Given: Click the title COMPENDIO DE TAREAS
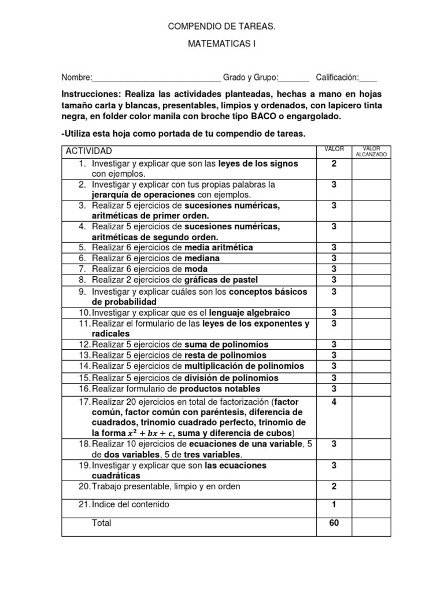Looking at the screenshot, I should [221, 27].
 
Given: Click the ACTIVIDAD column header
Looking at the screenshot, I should [88, 151].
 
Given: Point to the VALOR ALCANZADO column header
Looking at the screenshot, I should [371, 152].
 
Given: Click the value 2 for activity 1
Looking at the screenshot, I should [334, 164].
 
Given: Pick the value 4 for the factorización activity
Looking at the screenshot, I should [334, 402].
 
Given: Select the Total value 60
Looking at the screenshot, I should [334, 523].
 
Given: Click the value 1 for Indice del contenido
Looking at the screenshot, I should [334, 504].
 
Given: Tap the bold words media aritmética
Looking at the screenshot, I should [219, 247].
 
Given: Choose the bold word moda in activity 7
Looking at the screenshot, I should [196, 269].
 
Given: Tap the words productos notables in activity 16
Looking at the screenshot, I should [220, 389].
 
